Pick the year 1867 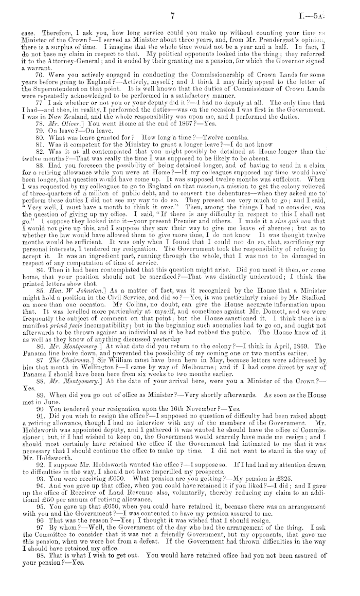(130, 122)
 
